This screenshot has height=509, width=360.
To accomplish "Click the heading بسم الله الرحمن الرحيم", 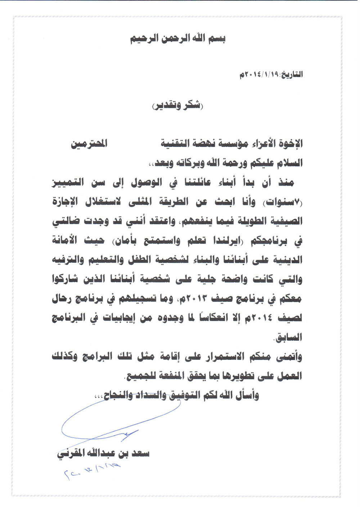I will [178, 39].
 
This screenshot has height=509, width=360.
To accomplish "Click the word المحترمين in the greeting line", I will [89, 144].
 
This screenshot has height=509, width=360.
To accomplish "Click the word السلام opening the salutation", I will [289, 163].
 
